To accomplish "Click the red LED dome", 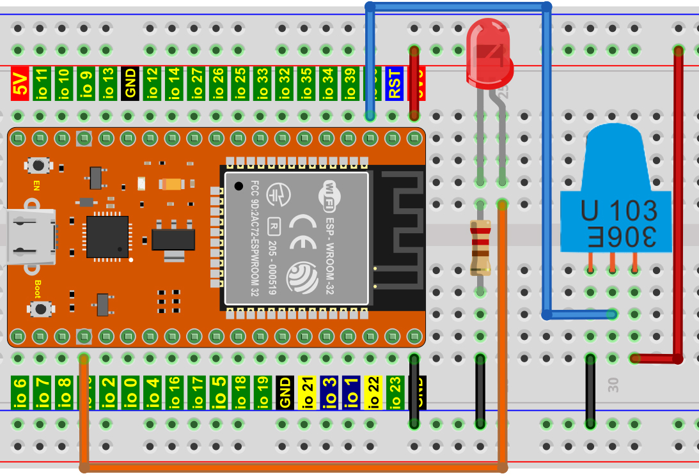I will point(489,54).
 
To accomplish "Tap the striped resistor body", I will point(480,248).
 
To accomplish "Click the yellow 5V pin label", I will point(20,84).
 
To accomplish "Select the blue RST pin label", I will point(395,84).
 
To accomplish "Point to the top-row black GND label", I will point(130,84).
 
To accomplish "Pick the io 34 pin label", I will point(328,84).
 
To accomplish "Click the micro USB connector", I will point(29,238).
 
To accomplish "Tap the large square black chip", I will point(107,237).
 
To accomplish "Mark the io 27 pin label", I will point(196,84).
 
